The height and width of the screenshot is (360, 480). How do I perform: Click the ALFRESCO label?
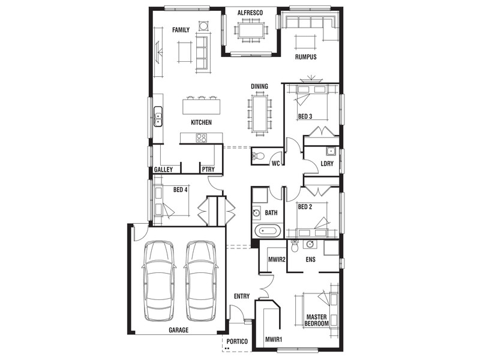click(250, 13)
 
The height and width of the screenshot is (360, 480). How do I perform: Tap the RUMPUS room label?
click(305, 57)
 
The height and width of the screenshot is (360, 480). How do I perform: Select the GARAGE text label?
click(178, 330)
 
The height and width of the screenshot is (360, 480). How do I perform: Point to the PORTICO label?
click(237, 341)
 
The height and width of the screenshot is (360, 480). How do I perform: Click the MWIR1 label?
click(274, 340)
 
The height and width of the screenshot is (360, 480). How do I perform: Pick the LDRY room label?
click(327, 163)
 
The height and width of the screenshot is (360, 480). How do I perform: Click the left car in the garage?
click(159, 281)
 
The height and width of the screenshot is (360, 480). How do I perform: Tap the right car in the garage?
click(201, 281)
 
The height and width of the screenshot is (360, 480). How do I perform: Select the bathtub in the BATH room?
click(268, 230)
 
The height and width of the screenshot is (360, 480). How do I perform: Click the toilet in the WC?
click(258, 156)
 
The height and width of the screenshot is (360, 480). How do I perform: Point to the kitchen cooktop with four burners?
click(201, 138)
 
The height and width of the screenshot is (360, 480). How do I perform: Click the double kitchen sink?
click(158, 116)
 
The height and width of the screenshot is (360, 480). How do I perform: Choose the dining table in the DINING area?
click(260, 113)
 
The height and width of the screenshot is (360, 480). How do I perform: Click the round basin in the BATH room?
click(256, 212)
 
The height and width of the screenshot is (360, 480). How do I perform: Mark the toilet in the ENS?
click(295, 246)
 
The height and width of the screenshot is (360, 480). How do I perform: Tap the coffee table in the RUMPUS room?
click(305, 42)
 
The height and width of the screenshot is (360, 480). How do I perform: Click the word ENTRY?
click(242, 296)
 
